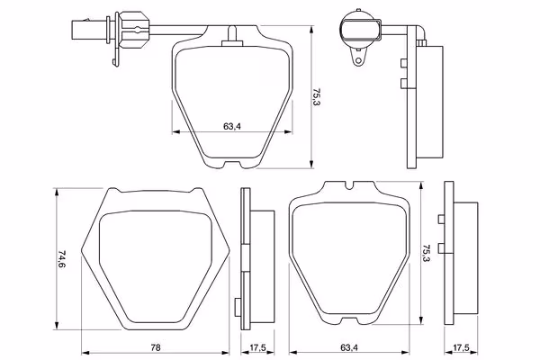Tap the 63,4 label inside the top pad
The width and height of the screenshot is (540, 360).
(x=231, y=125)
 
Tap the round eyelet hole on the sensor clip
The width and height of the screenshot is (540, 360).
(x=358, y=62)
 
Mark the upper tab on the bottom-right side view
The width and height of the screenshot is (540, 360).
(x=438, y=220)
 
